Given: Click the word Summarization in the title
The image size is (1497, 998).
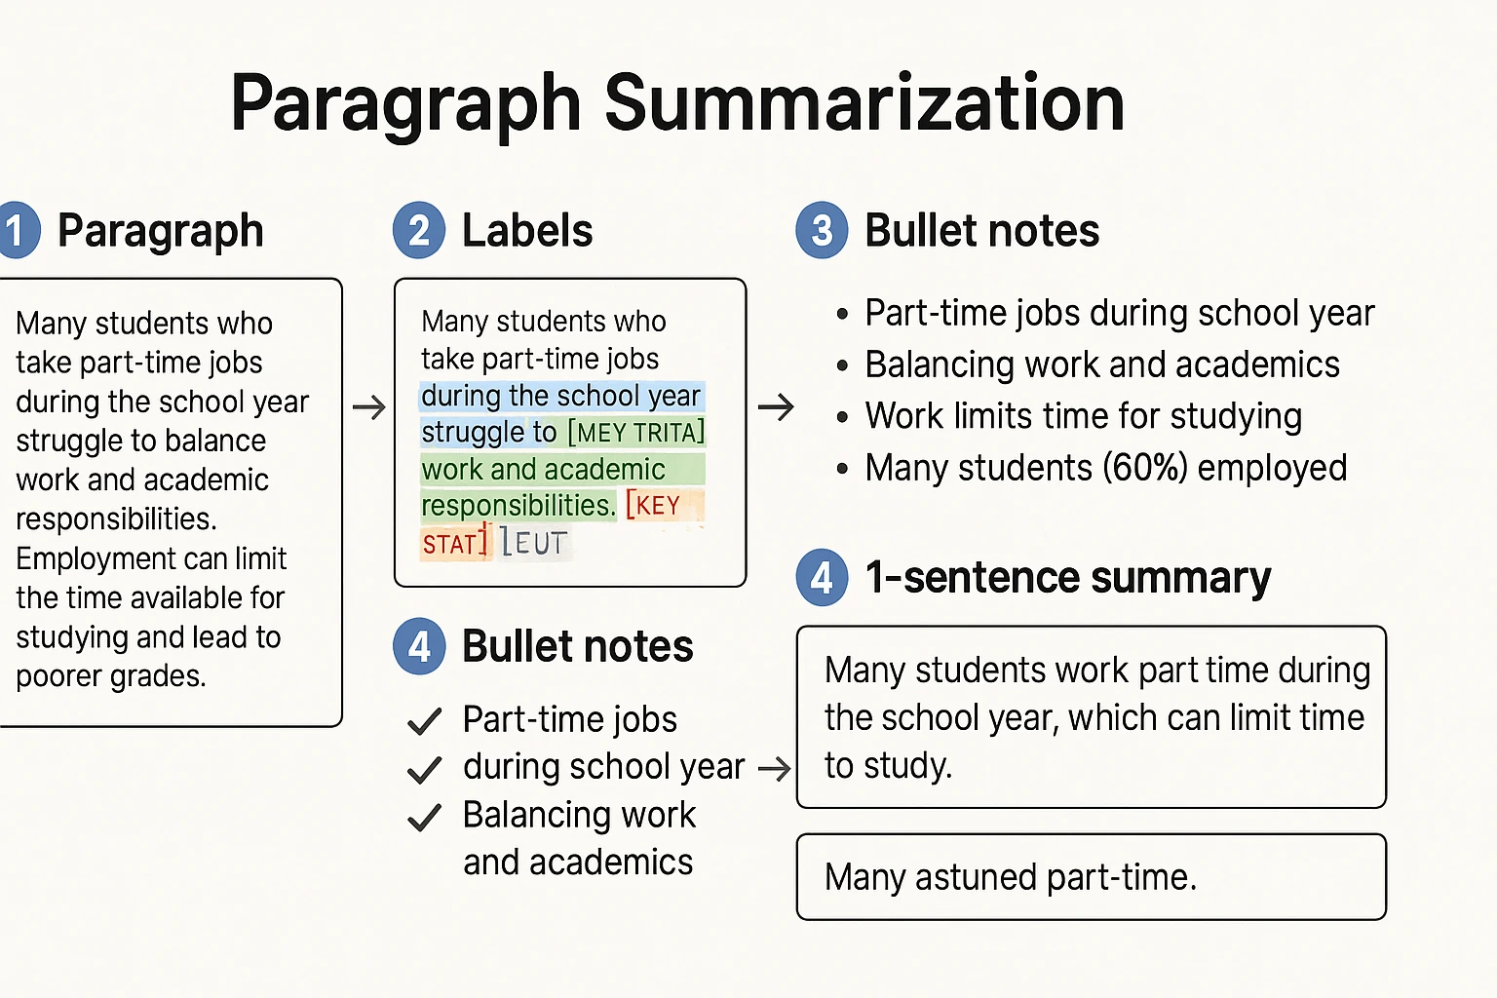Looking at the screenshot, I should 864,103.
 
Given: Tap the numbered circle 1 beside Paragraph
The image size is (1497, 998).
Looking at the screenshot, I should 17,231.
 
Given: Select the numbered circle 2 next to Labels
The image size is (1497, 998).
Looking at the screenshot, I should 419,231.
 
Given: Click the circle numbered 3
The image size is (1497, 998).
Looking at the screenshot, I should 822,231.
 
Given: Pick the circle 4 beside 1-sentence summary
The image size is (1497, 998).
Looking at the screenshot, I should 822,578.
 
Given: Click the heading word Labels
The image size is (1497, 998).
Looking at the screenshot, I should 527,231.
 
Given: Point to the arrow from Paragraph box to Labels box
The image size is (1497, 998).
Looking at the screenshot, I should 368,406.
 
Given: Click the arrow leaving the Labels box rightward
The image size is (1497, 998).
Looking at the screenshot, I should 776,406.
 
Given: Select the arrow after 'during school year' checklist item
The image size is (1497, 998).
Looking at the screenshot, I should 774,769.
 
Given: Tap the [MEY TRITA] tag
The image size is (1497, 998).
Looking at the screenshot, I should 635,432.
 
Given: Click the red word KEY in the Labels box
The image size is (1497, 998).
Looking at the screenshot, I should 657,506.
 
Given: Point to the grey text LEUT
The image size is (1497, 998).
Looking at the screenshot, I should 534,543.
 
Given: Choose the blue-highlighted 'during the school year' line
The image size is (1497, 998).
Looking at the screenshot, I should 561,396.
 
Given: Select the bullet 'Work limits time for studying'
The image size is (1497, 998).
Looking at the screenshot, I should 1083,416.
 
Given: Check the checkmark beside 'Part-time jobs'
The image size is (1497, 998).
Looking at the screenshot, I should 424,721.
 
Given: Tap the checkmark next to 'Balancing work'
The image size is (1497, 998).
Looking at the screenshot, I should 424,817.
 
